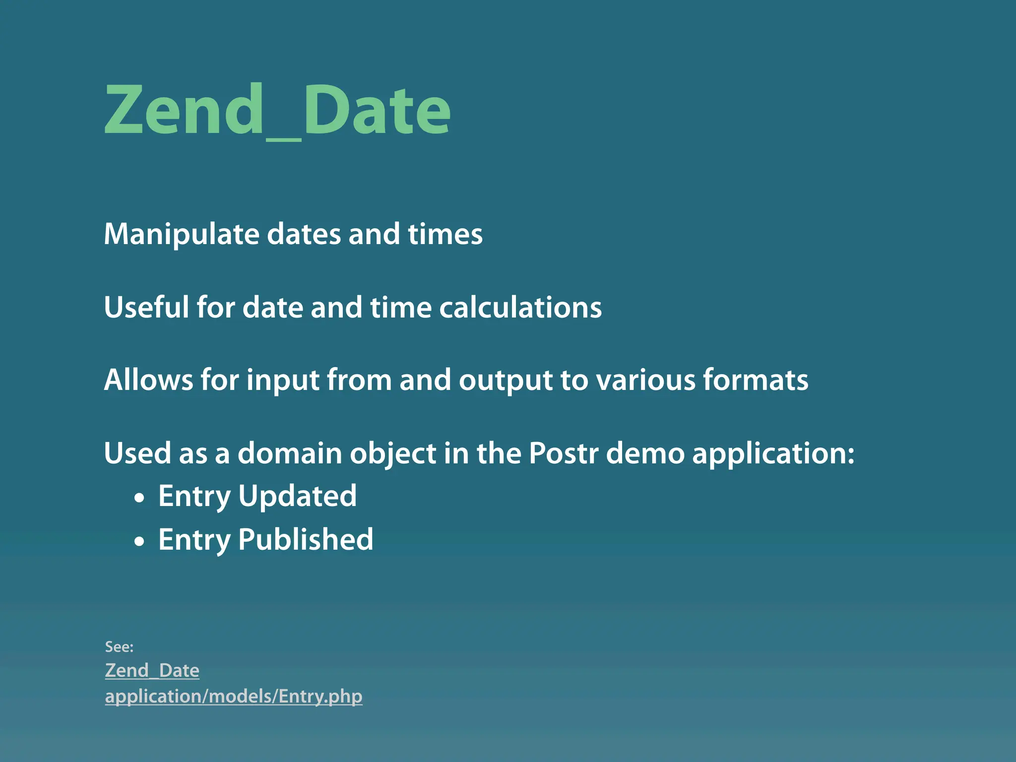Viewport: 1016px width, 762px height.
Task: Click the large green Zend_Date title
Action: tap(277, 110)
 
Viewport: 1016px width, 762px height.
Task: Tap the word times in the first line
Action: tap(445, 234)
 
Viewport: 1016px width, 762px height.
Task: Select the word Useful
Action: tap(146, 307)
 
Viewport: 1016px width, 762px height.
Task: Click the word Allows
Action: tap(148, 380)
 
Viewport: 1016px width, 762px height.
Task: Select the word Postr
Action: tap(563, 453)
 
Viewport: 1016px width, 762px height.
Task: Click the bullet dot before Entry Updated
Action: tap(140, 498)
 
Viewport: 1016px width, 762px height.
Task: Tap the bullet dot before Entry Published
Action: tap(140, 541)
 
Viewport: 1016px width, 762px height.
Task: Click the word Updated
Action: tap(297, 496)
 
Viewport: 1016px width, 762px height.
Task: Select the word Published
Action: tap(306, 539)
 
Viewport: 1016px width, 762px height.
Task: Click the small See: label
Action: tap(119, 647)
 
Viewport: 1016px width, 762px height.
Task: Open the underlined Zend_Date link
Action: tap(152, 671)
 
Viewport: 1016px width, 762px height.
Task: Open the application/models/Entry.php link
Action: tap(234, 697)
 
